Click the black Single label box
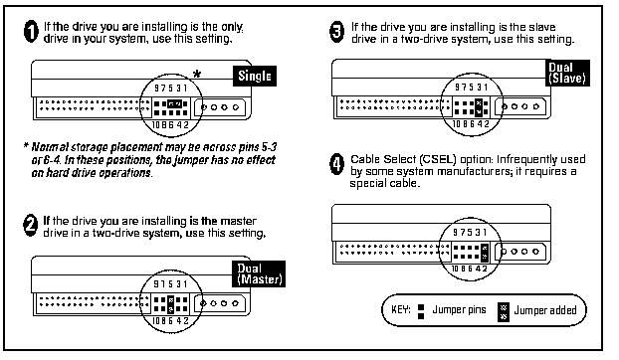tap(255, 77)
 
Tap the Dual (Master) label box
tap(259, 273)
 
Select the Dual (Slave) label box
tap(567, 73)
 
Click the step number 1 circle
tap(31, 32)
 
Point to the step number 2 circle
tap(31, 226)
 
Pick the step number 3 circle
tap(336, 32)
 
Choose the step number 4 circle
tap(336, 164)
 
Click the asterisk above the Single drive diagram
tap(197, 74)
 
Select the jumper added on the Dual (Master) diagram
tap(170, 304)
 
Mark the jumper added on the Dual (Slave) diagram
tap(479, 107)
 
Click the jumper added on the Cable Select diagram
tap(485, 253)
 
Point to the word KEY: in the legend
tap(401, 309)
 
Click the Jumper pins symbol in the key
tap(421, 311)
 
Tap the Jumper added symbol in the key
tap(504, 312)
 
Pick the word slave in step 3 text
tap(542, 27)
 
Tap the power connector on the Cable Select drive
tap(520, 252)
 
